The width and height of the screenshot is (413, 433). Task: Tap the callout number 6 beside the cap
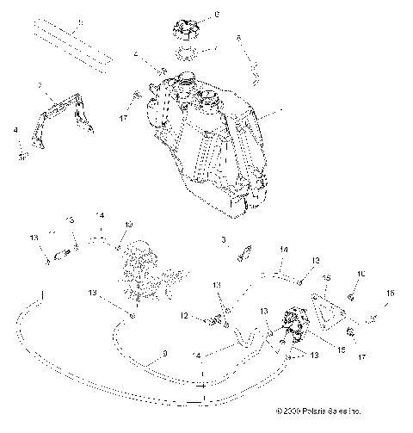click(216, 15)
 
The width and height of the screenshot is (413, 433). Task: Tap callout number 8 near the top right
click(238, 39)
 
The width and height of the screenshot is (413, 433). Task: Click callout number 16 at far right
click(389, 294)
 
